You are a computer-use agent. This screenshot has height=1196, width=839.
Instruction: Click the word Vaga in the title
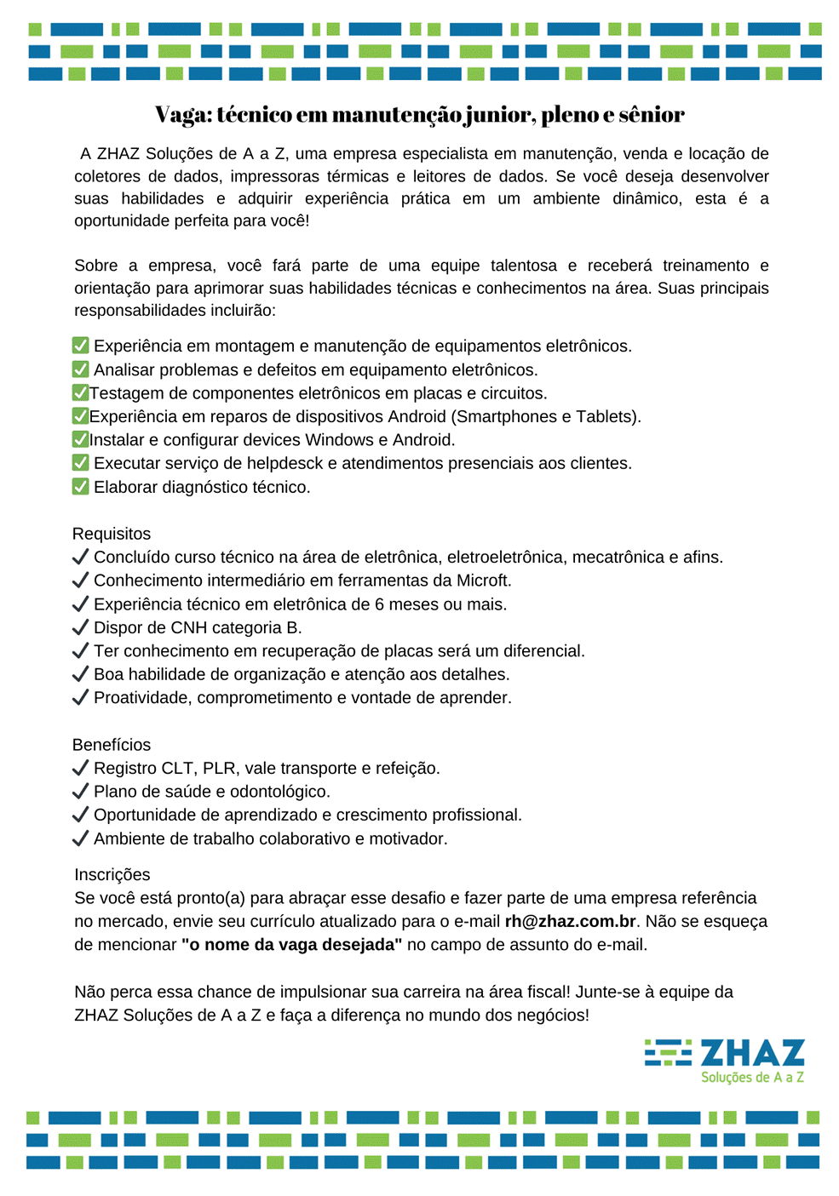tap(181, 114)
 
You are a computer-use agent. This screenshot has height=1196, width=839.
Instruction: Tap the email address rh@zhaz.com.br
tap(570, 921)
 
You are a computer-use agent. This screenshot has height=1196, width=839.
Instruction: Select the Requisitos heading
tap(112, 534)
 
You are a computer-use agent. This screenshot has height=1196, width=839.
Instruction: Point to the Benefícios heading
tap(112, 745)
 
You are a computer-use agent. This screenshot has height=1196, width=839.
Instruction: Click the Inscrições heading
tap(112, 874)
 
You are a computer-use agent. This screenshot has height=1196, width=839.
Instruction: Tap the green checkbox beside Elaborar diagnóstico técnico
tap(81, 487)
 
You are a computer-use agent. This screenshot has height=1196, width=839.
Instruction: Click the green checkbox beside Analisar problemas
tap(81, 369)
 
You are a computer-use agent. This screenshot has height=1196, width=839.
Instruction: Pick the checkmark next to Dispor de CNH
tap(81, 627)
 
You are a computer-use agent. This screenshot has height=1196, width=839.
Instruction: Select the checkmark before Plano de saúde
tap(81, 792)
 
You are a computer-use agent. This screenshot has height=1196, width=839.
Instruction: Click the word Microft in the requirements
tap(482, 581)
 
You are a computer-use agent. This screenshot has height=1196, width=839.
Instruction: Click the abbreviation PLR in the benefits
tap(219, 768)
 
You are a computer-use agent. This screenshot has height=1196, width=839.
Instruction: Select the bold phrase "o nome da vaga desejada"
tap(291, 944)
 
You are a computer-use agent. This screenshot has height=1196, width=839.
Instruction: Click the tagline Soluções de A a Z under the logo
tap(752, 1078)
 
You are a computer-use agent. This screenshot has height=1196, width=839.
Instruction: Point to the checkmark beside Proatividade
tap(81, 698)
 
